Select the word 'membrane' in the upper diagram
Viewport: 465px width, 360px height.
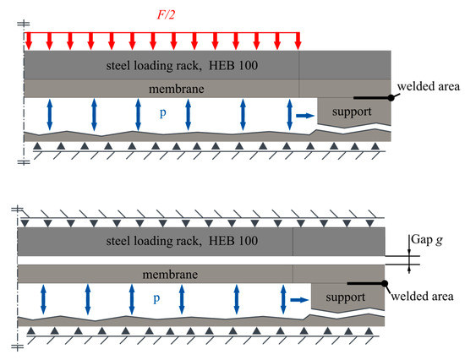[161, 89]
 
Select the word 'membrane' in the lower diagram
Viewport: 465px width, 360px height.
[153, 275]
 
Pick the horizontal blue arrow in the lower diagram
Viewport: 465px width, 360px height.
[298, 299]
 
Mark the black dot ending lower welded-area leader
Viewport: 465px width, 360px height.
[383, 284]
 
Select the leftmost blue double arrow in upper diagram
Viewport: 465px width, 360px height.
[49, 114]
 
